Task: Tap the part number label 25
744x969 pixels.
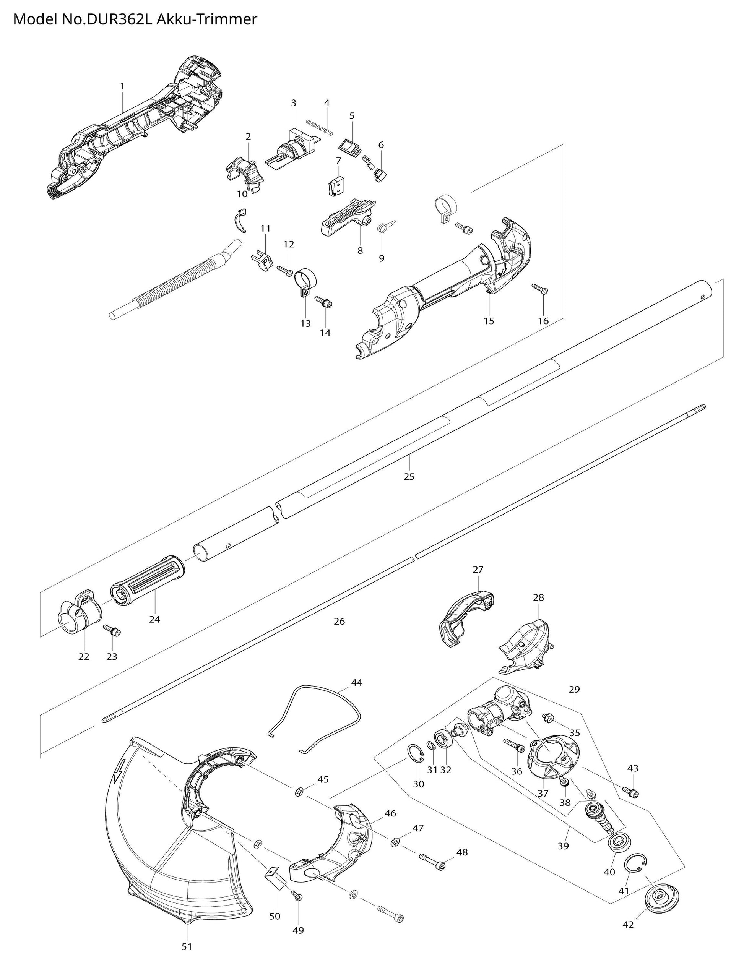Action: coord(409,477)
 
